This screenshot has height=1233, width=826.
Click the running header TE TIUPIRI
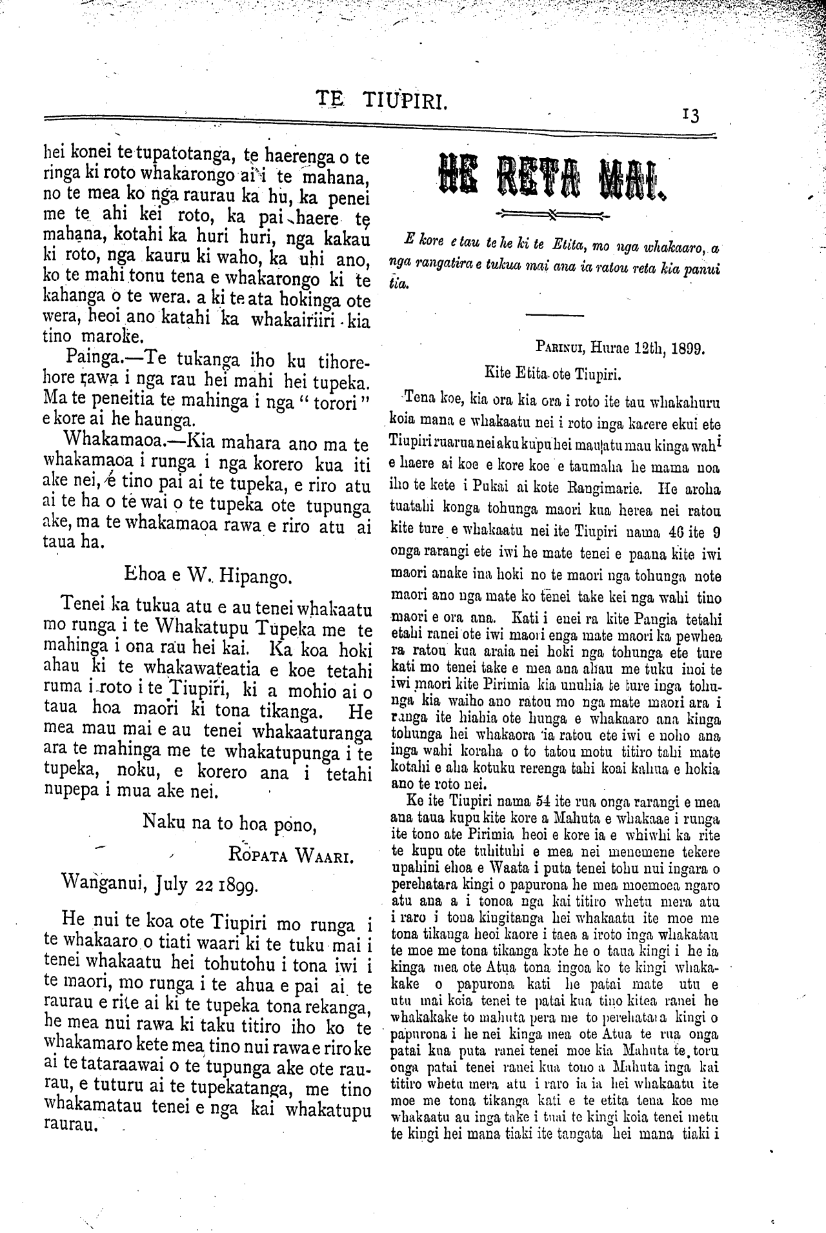(381, 101)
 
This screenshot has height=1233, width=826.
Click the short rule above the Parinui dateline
(555, 315)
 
